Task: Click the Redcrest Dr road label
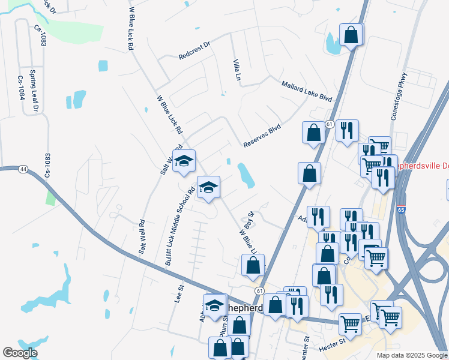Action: pos(195,50)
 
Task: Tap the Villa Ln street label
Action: pos(237,70)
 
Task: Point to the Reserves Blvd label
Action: pos(262,136)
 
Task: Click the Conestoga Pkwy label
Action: pos(399,96)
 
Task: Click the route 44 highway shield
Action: pos(23,169)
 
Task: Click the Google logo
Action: pos(20,353)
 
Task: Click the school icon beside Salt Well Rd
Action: pos(184,160)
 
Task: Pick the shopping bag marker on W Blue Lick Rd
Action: pos(253,265)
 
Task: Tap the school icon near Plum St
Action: pos(214,305)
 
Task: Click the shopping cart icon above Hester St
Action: pos(350,323)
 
